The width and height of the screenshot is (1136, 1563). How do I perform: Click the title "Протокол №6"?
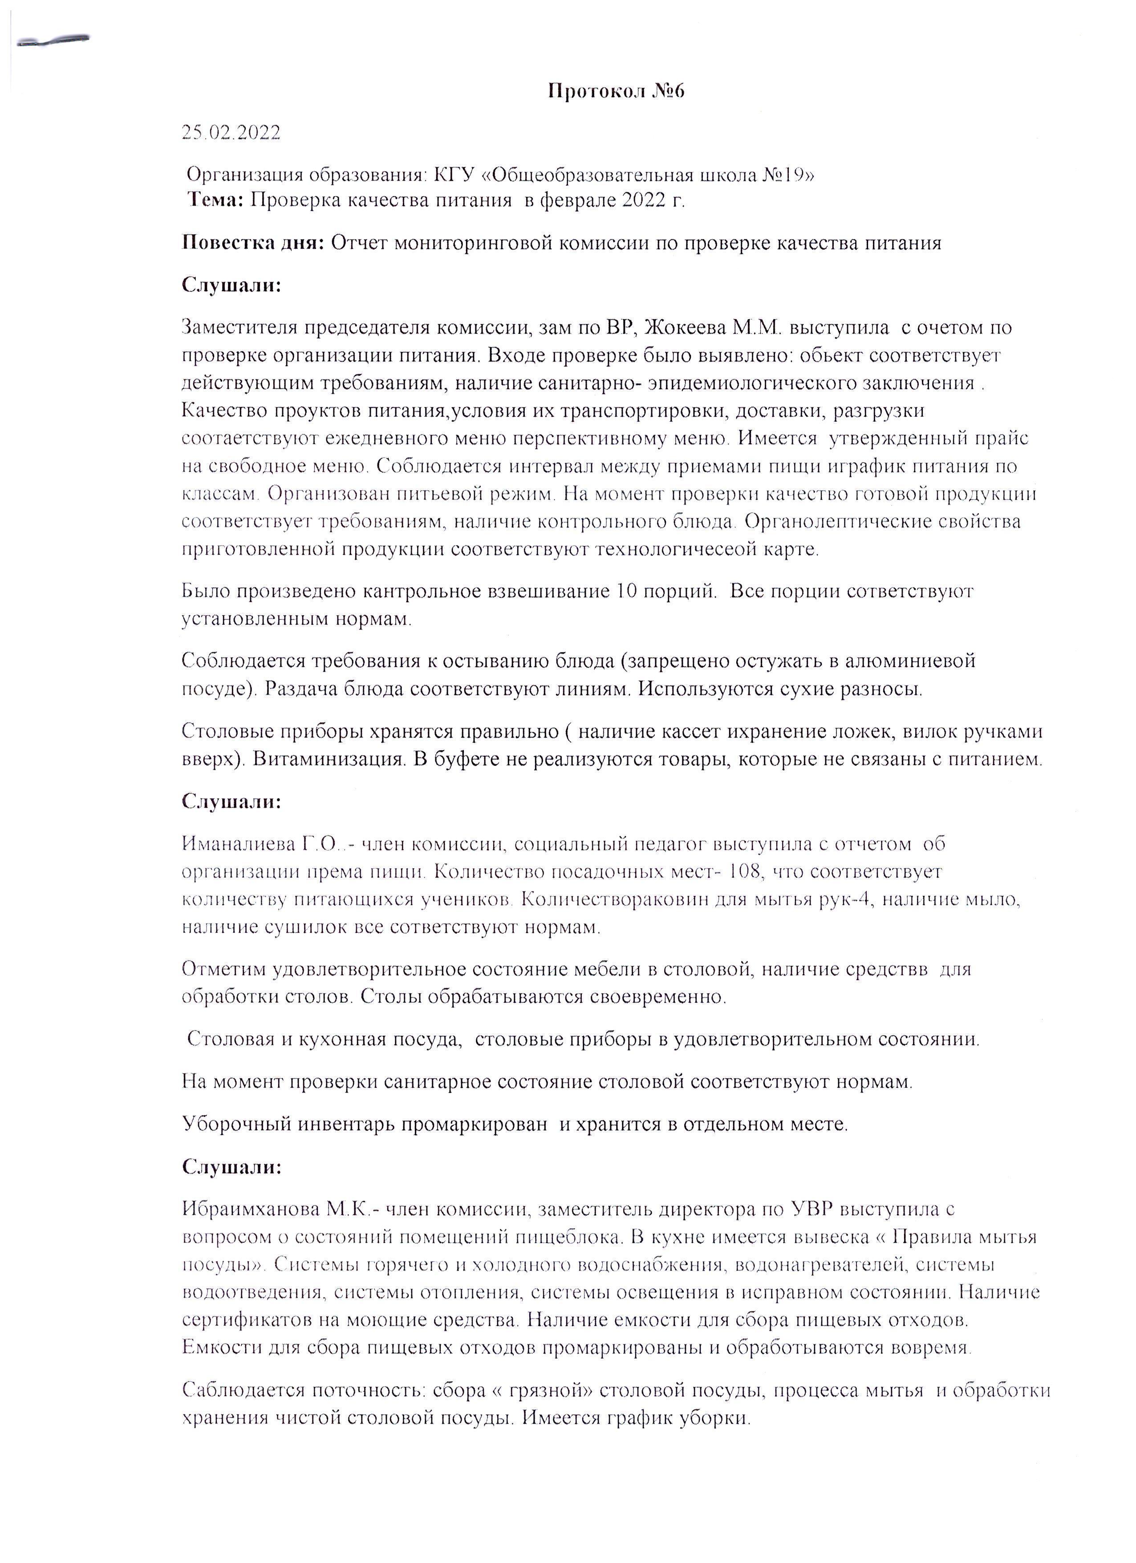(616, 92)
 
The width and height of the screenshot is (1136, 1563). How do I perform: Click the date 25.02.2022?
(231, 133)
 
